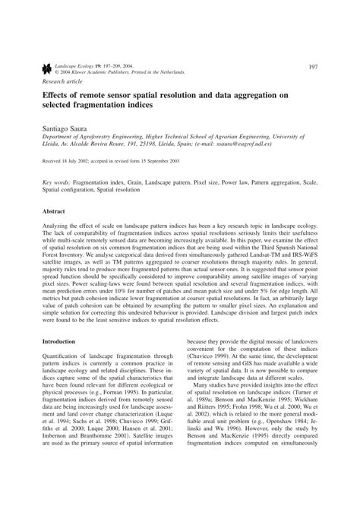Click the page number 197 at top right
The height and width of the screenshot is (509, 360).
point(312,67)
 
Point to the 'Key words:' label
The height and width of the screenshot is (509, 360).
point(57,184)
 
